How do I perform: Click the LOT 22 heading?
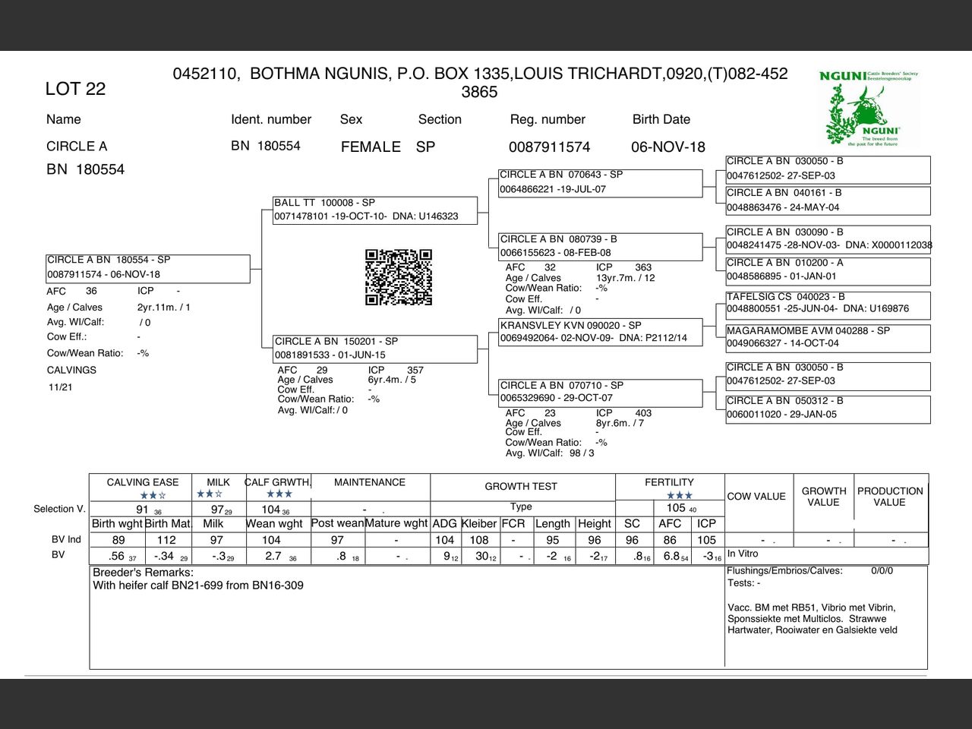pyautogui.click(x=75, y=89)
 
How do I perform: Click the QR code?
pyautogui.click(x=399, y=277)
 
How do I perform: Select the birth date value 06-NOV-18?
pyautogui.click(x=667, y=147)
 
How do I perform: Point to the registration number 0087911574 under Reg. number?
pyautogui.click(x=549, y=147)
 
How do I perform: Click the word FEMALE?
pyautogui.click(x=371, y=147)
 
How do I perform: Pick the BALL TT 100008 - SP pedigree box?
pyautogui.click(x=375, y=210)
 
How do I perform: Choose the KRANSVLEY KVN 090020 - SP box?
pyautogui.click(x=600, y=331)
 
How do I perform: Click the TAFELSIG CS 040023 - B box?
pyautogui.click(x=827, y=303)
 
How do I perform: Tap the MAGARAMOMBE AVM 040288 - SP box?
pyautogui.click(x=827, y=337)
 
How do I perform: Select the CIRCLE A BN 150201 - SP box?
pyautogui.click(x=375, y=348)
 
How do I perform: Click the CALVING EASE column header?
pyautogui.click(x=143, y=482)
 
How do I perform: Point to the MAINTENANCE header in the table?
pyautogui.click(x=370, y=482)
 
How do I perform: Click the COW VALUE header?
pyautogui.click(x=756, y=497)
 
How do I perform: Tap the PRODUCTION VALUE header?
pyautogui.click(x=890, y=497)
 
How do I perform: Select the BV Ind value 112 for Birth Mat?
pyautogui.click(x=166, y=540)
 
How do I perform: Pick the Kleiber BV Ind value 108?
pyautogui.click(x=479, y=540)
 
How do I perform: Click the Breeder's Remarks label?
pyautogui.click(x=143, y=573)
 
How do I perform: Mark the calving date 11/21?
pyautogui.click(x=61, y=387)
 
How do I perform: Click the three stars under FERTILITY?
pyautogui.click(x=680, y=496)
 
